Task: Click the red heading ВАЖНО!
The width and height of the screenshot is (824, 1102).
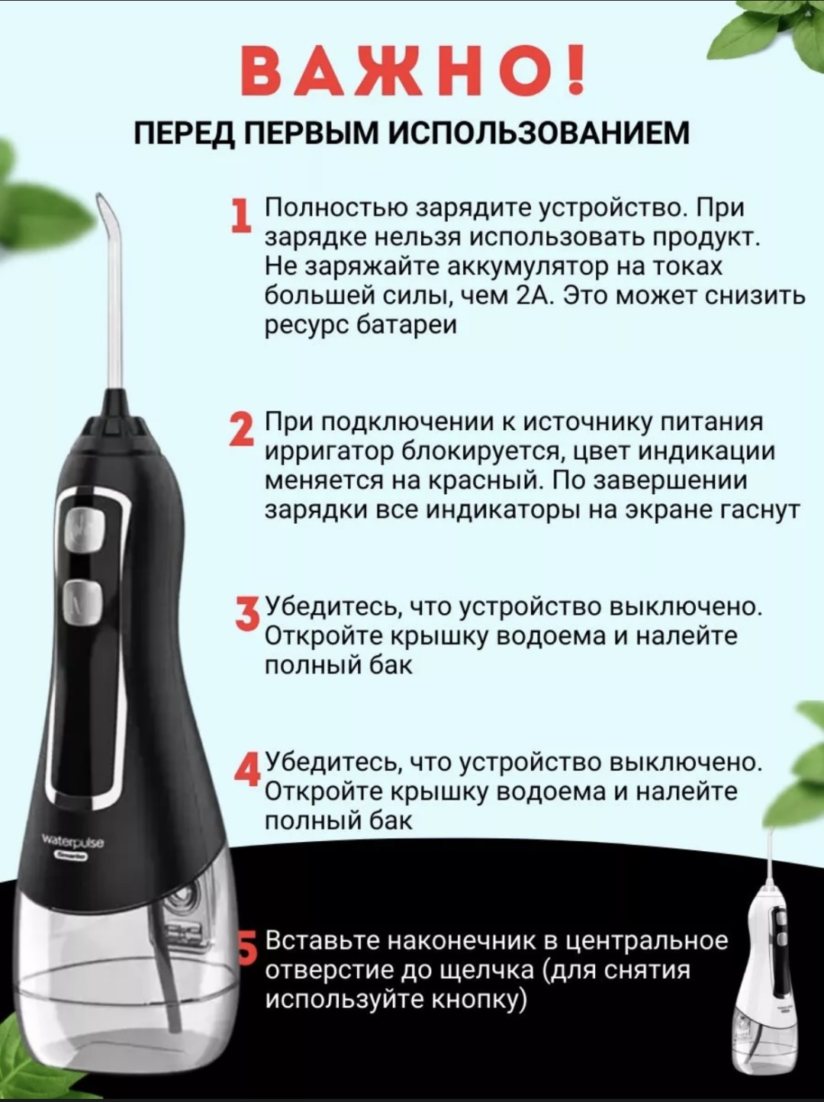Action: click(x=414, y=70)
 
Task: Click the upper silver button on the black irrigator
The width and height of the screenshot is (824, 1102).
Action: click(x=85, y=529)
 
